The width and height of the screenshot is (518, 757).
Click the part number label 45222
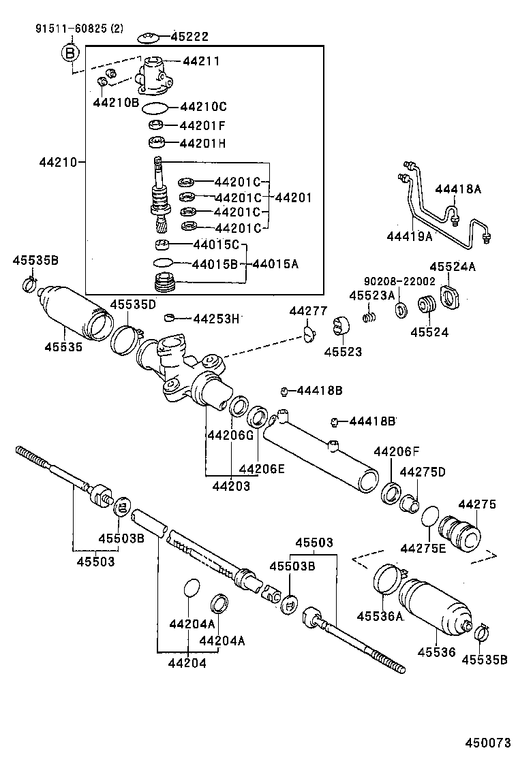pos(190,37)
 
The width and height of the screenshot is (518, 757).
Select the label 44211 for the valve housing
pos(201,61)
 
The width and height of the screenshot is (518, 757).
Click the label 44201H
pos(202,144)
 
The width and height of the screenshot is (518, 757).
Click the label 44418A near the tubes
pos(458,189)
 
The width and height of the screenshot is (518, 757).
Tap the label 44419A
pos(410,236)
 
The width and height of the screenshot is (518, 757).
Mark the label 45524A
pos(453,267)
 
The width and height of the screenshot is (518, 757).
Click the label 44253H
pos(216,318)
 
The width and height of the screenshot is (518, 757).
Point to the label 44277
pos(308,310)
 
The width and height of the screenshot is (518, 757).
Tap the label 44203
pos(230,486)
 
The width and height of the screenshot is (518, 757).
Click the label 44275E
pos(423,549)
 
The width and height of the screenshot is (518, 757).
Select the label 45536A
pos(380,617)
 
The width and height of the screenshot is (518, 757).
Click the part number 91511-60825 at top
pos(70,29)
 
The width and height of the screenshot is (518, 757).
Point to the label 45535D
pos(134,304)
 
